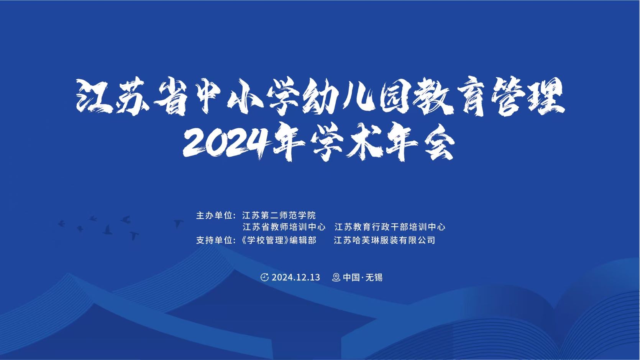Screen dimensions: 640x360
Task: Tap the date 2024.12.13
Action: pos(296,277)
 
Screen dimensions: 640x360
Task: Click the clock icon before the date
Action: pos(264,277)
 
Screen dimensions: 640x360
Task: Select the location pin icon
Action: pos(336,277)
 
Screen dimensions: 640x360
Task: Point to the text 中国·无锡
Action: pos(363,277)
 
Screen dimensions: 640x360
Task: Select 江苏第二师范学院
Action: pos(279,215)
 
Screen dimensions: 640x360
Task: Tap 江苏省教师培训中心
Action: pos(284,227)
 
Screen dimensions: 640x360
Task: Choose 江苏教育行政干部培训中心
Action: pos(390,227)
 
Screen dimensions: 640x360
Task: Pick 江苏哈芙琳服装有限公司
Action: pos(384,240)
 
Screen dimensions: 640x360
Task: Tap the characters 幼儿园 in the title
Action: pos(338,96)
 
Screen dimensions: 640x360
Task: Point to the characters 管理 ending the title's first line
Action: pos(528,96)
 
